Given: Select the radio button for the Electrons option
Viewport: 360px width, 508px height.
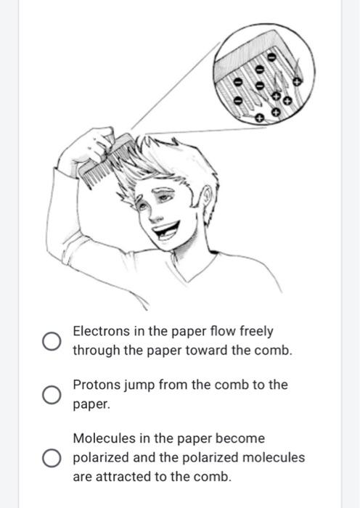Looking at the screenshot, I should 51,341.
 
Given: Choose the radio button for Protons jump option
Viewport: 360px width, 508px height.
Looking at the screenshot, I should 51,395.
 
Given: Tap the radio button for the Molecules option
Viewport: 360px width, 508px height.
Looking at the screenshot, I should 51,458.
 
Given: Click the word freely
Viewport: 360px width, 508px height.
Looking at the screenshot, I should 253,332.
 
